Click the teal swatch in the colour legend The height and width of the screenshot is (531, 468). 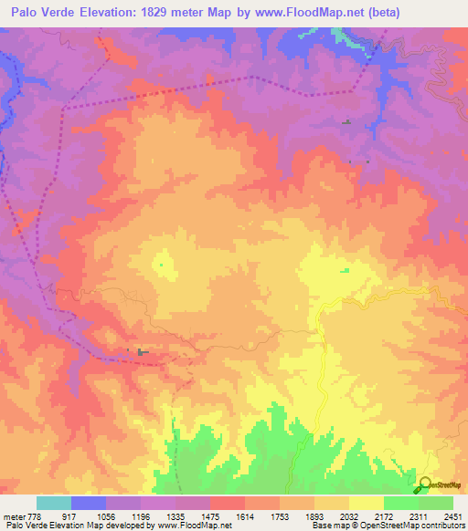[x=54, y=503]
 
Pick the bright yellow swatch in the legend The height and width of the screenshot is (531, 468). [x=367, y=503]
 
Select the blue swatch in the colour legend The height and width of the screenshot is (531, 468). [x=89, y=503]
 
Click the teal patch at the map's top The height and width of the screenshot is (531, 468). [x=341, y=36]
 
